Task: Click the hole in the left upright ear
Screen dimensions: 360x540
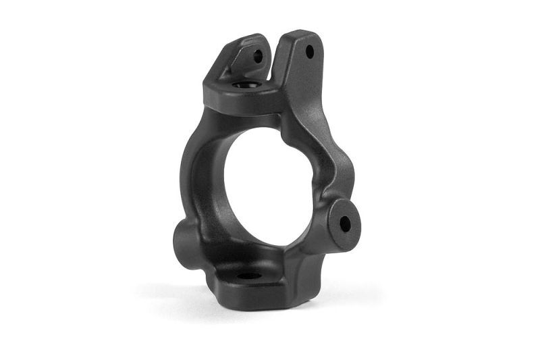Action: [258, 57]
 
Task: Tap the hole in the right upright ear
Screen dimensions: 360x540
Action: [310, 51]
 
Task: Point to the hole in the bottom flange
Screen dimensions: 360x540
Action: [248, 276]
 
